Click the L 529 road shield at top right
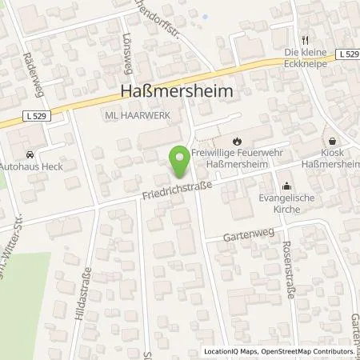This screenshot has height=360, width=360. (346, 53)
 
